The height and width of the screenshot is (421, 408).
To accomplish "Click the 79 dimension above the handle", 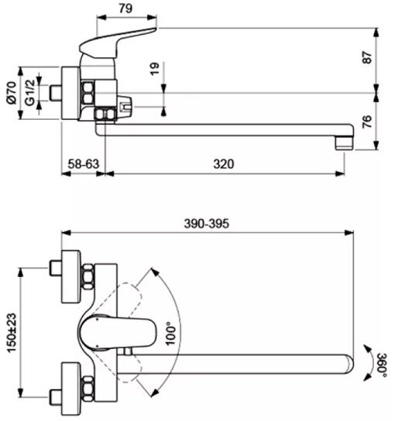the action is pos(125,9).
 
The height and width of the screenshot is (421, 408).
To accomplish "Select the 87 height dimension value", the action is pos(367,56).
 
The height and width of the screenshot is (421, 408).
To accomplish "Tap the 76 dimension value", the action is pos(367,122).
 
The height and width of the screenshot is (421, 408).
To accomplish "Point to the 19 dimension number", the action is pos(155,69).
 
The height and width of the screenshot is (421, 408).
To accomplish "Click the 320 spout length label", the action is pos(224,164).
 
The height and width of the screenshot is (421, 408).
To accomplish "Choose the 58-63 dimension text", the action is pos(84,164).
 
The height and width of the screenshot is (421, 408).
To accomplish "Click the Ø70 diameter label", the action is pos(12,93).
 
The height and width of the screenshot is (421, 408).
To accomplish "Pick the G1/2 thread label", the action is pos(30,92).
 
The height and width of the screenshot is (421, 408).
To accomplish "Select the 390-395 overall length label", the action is pos(207,224).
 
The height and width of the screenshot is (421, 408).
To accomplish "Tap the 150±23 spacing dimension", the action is pos(12,333).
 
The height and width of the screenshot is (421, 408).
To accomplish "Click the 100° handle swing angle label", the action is pos(171,334).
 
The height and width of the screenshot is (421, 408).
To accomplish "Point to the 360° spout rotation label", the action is pos(382,365).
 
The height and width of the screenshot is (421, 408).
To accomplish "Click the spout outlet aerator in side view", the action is pos(344,143).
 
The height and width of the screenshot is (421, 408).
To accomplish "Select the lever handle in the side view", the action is pos(117,43).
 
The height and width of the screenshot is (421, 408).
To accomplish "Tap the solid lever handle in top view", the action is pos(117,333).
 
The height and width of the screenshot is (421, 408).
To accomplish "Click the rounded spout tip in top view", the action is pos(348,364).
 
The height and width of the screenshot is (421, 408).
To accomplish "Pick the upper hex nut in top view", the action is pos(87,276).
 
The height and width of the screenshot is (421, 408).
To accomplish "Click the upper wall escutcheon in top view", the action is pos(71,276).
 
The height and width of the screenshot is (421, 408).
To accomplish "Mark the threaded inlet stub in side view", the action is pos(56,93).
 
